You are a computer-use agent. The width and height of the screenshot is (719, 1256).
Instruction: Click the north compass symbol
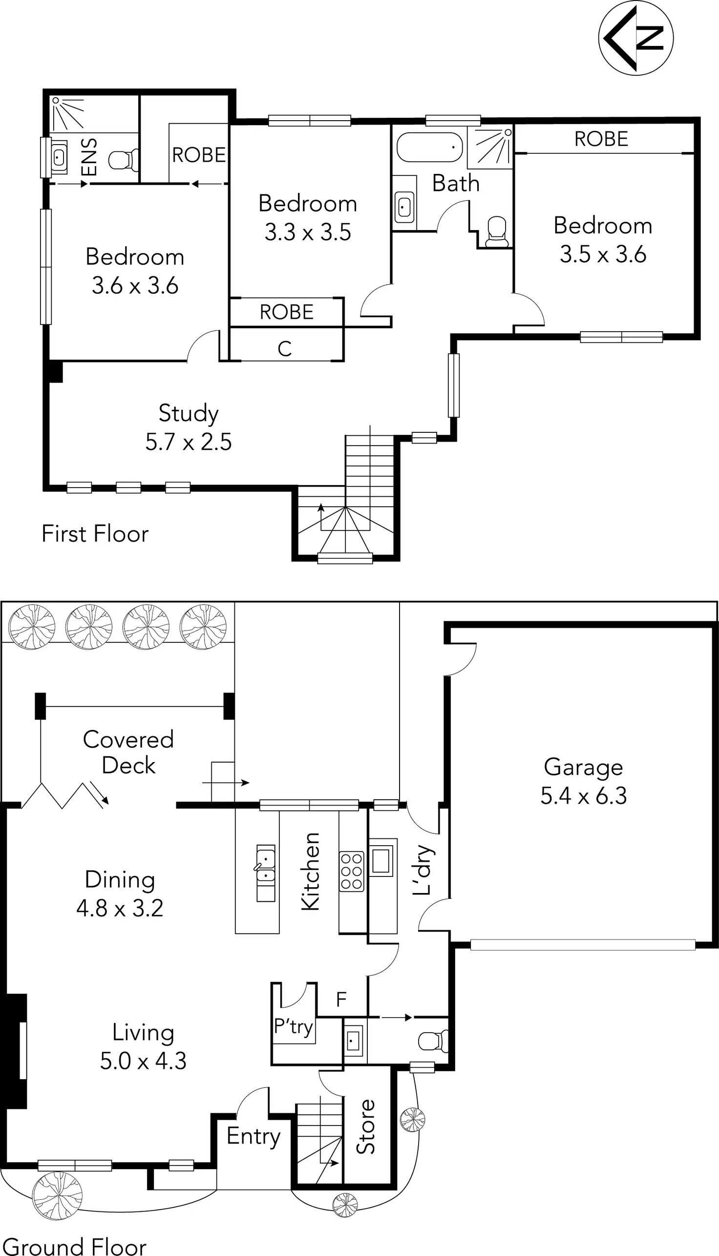click(x=635, y=38)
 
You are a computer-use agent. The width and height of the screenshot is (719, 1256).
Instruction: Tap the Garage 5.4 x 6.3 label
click(x=583, y=781)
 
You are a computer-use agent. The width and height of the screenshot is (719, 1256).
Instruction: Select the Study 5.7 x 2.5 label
click(x=188, y=427)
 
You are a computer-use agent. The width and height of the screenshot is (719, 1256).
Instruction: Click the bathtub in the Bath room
click(x=429, y=147)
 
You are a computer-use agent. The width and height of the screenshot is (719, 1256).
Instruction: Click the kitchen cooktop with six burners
click(x=352, y=871)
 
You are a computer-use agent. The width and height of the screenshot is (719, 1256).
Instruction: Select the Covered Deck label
click(x=128, y=752)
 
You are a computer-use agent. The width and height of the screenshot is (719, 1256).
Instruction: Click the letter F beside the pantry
click(x=341, y=1000)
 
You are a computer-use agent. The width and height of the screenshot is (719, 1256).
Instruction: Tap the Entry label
click(x=254, y=1135)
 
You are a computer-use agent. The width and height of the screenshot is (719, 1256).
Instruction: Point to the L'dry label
click(x=423, y=870)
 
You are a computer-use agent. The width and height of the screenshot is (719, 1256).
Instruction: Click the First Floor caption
click(x=95, y=534)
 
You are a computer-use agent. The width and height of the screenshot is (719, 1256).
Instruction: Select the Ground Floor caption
click(x=75, y=1246)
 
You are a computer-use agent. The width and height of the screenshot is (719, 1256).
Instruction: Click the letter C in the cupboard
click(x=284, y=349)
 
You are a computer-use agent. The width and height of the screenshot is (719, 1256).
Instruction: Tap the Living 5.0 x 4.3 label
click(x=143, y=1046)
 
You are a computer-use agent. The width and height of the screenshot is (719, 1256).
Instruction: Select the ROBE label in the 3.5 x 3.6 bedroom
click(x=601, y=139)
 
